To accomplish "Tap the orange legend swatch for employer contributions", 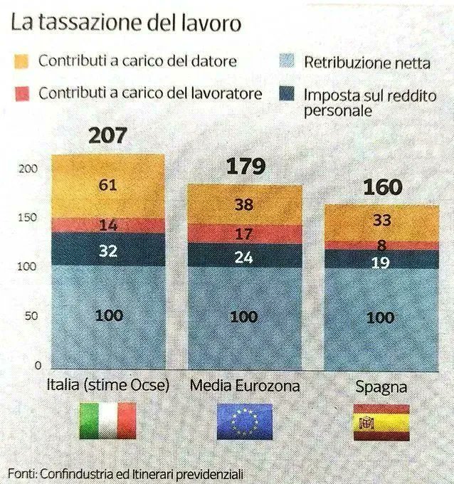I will tap(20, 61).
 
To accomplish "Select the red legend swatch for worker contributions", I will tap(20, 93).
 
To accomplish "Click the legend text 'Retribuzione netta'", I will tap(366, 63).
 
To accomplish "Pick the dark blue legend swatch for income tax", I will tap(286, 95).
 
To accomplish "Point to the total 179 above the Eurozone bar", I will tap(245, 167).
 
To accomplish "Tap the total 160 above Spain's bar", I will tap(381, 187).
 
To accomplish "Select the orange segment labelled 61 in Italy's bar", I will tap(108, 186).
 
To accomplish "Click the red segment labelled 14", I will tap(108, 225).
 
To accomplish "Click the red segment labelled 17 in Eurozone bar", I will tap(245, 233).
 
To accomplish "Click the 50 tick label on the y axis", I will tap(25, 316).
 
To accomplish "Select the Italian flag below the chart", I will tap(107, 421).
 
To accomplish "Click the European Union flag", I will tap(244, 421).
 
